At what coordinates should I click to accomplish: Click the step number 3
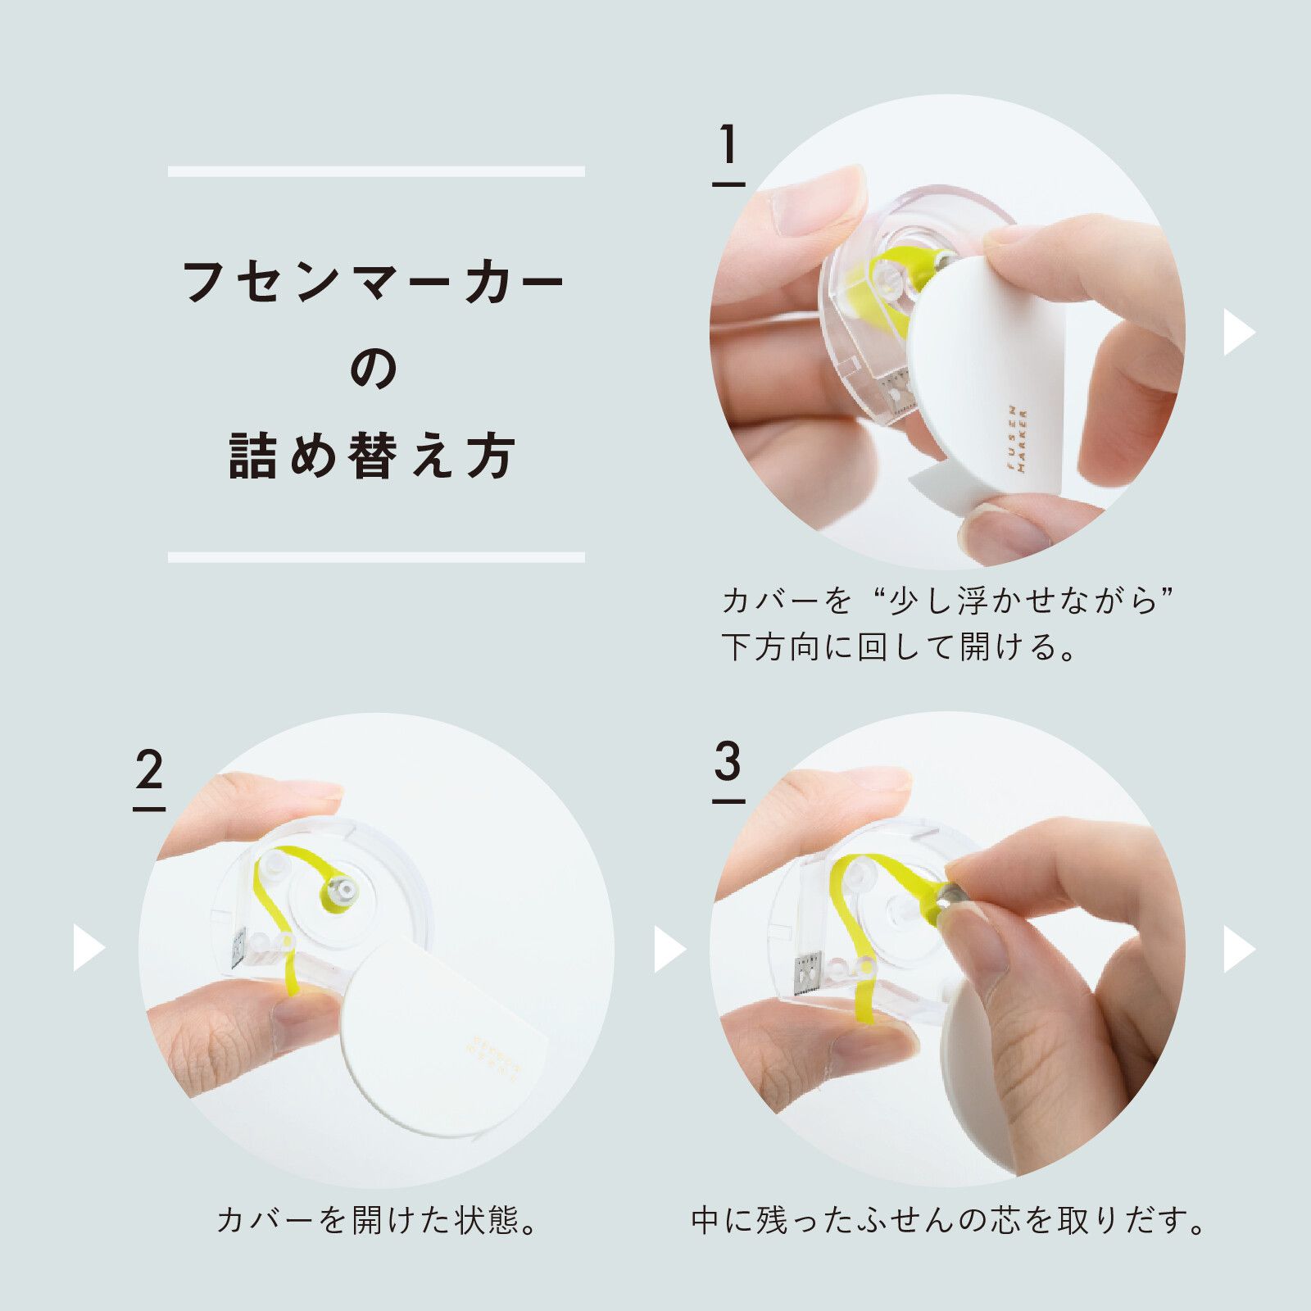(x=728, y=764)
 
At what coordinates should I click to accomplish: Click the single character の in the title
(x=375, y=370)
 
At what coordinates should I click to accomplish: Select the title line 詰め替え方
(x=373, y=456)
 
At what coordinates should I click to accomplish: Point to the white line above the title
(x=376, y=171)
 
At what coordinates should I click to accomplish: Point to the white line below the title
(x=376, y=557)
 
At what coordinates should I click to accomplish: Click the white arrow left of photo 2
(x=88, y=948)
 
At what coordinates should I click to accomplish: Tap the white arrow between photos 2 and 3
(x=669, y=949)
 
